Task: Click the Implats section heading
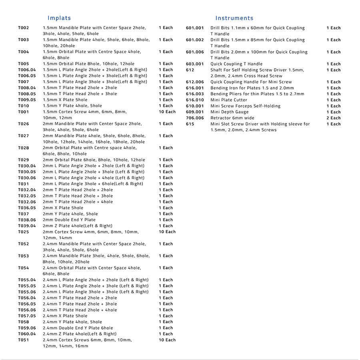pos(59,18)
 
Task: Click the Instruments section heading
pos(234,18)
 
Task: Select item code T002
pos(24,28)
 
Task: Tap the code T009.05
pos(27,100)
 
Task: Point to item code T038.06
pos(27,220)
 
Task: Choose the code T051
pos(24,340)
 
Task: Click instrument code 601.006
pos(195,52)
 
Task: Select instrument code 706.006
pos(195,118)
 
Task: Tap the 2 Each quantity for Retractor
pos(333,118)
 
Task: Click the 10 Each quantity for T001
pos(167,112)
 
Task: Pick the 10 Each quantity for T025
pos(167,232)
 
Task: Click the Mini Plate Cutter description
pos(229,100)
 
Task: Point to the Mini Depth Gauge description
pos(229,112)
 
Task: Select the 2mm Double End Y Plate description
pos(69,220)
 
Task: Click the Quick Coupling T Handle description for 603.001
pos(236,64)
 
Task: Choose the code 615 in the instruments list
pos(190,124)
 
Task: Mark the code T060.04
pos(27,334)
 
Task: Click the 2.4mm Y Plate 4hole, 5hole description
pos(72,322)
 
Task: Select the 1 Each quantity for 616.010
pos(333,100)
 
